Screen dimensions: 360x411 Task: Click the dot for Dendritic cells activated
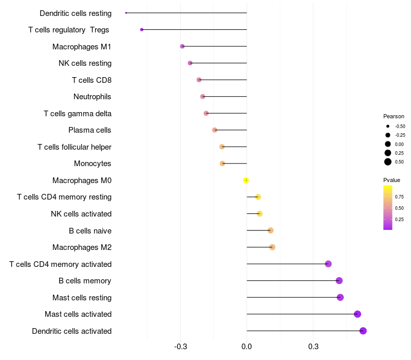click(x=363, y=331)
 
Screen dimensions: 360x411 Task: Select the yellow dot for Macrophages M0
click(x=246, y=180)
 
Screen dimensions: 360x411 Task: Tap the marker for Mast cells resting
click(x=340, y=297)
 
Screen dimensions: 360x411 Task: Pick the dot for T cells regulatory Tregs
click(x=142, y=30)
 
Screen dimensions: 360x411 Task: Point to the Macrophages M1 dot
click(x=182, y=46)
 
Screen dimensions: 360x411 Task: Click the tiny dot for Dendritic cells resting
click(x=126, y=13)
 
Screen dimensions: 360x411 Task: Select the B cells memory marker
click(x=339, y=280)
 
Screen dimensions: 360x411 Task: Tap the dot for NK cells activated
click(x=259, y=213)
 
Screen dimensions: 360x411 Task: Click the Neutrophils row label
click(x=92, y=97)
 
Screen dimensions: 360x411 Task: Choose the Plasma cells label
click(x=90, y=130)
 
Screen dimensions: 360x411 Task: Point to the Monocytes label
click(x=92, y=164)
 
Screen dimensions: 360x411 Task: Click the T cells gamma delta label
click(x=78, y=114)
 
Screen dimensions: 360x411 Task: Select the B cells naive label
click(x=90, y=230)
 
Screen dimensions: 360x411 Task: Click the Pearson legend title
click(x=394, y=116)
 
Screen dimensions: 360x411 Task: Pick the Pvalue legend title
click(x=391, y=180)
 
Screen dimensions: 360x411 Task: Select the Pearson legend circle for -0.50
click(x=388, y=126)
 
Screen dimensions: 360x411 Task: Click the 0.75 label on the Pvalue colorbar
click(x=399, y=196)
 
